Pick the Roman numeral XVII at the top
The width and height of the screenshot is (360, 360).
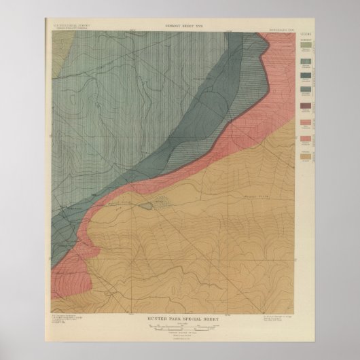pyautogui.click(x=199, y=25)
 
